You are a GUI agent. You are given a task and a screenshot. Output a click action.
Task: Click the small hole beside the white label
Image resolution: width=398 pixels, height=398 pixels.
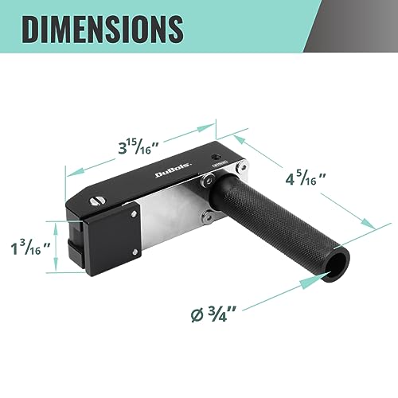pos(214,157)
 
